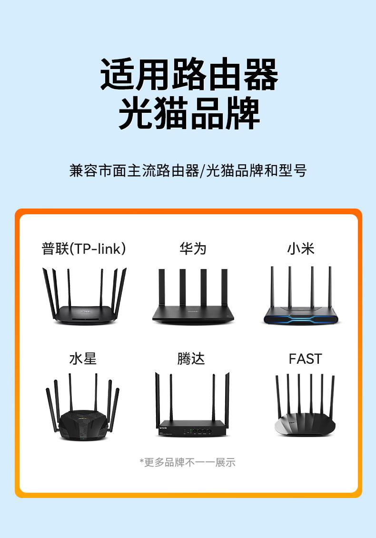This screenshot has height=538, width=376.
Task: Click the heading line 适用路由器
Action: coord(189,74)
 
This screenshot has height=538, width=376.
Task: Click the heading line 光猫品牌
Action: coord(189,113)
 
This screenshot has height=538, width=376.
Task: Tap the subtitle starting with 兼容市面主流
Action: coord(188,170)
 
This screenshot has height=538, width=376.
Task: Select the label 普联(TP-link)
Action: coord(84,249)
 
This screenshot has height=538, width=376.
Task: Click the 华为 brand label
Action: coord(193,249)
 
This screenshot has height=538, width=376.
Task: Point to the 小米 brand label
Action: coord(301,249)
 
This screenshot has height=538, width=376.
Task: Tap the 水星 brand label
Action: coord(83,359)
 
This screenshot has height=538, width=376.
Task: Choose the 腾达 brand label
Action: coord(191,359)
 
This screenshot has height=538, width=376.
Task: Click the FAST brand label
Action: coord(306,359)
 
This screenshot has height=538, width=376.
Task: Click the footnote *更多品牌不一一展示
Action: coord(188,462)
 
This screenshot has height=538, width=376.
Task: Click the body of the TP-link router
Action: coord(84,315)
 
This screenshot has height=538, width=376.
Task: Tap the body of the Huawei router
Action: coord(193,314)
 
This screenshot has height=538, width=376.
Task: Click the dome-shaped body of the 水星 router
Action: coord(83,425)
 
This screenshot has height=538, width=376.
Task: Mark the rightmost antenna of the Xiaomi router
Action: coord(330,287)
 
